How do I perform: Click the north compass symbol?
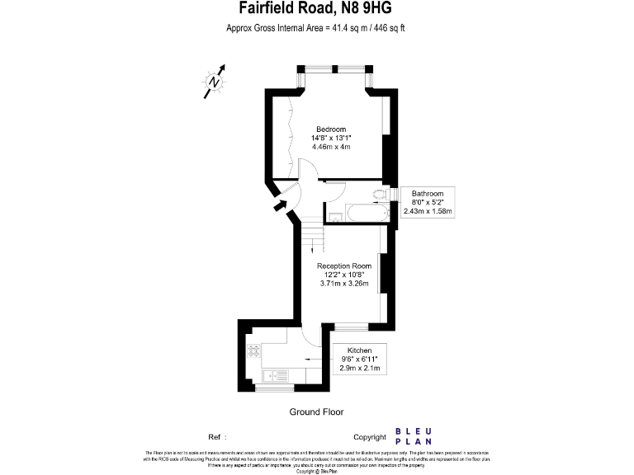215,82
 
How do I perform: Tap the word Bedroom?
331,128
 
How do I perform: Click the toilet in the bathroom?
380,195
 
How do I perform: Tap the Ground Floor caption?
316,412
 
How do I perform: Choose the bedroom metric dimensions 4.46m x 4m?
331,147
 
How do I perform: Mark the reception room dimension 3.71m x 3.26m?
343,284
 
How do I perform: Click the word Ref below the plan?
214,437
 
